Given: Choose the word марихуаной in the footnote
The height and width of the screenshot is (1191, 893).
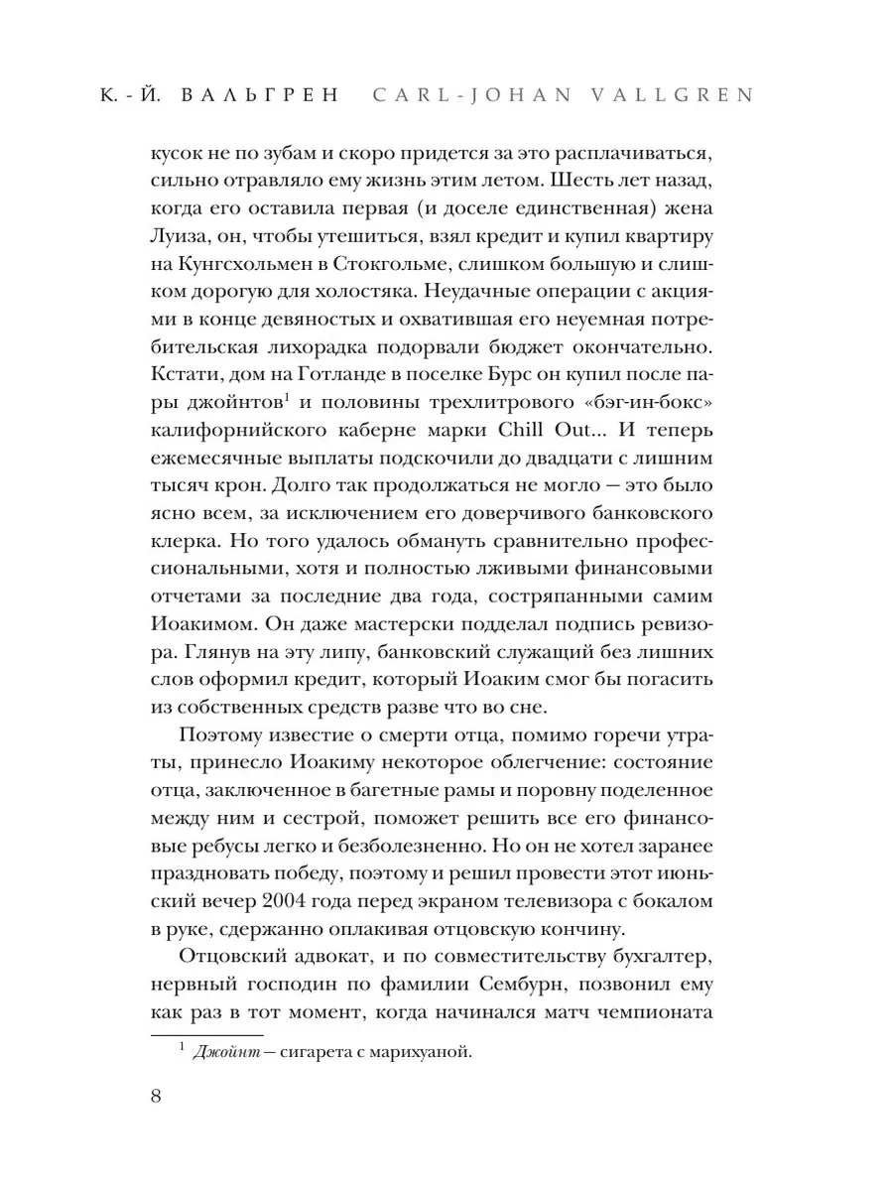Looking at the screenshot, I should [416, 1053].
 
